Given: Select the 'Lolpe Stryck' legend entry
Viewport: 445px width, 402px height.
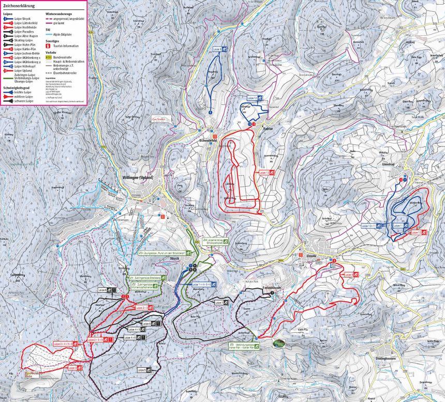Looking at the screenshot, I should pos(21,18).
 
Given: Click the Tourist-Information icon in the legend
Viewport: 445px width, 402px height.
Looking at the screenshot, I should pos(48,47).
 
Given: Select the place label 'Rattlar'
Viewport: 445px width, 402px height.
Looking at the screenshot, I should pos(268,128).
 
